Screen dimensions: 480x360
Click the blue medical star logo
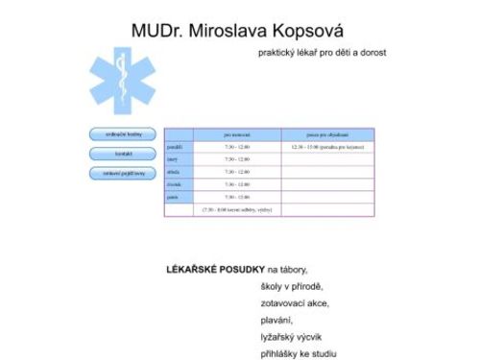(x=121, y=82)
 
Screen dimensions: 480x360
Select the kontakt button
(x=123, y=154)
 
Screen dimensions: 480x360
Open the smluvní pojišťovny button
(x=123, y=173)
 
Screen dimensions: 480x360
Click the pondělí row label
(x=175, y=148)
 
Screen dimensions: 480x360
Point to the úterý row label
(x=174, y=159)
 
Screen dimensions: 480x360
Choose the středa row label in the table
(x=175, y=172)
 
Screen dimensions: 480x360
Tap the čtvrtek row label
(x=176, y=184)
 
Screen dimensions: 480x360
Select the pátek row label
(x=174, y=197)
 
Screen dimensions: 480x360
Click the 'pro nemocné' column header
(x=237, y=135)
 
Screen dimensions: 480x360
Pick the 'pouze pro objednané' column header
(x=327, y=135)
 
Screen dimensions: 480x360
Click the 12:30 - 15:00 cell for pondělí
(x=326, y=148)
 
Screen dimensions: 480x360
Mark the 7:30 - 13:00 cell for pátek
(x=237, y=197)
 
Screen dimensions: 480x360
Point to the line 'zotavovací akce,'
(x=295, y=303)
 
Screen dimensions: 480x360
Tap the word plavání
(x=277, y=320)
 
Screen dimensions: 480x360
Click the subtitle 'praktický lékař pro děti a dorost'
(x=323, y=53)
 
